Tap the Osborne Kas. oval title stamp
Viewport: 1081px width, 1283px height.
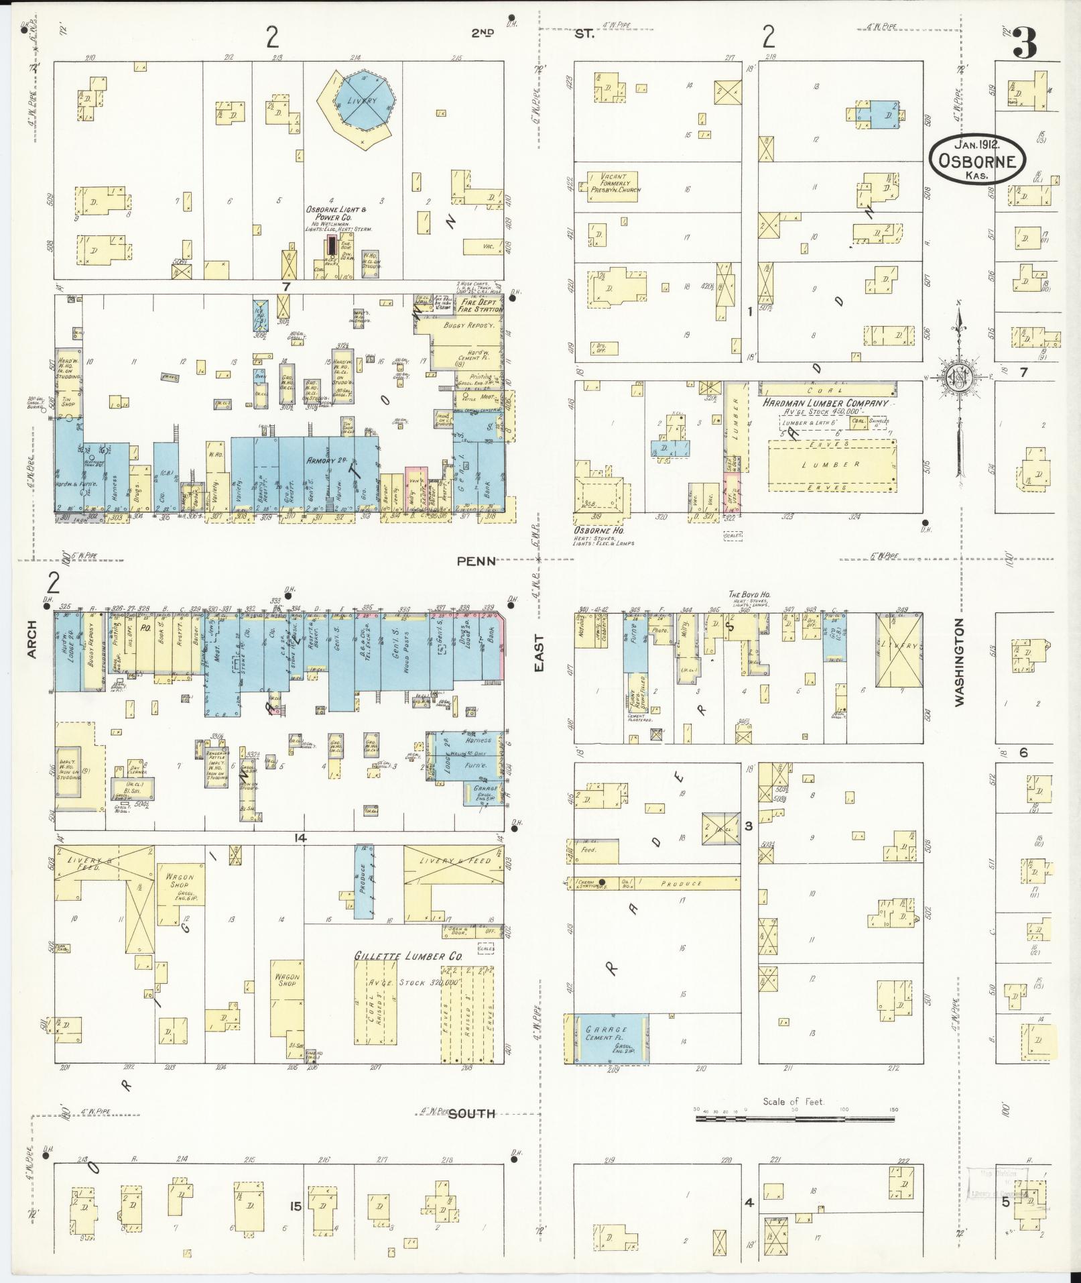click(977, 159)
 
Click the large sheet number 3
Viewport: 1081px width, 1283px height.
click(1025, 43)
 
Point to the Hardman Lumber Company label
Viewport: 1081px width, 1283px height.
click(824, 403)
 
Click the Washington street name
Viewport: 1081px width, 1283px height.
click(960, 662)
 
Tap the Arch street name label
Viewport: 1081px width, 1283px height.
click(32, 639)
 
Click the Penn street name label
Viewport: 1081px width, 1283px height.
click(476, 561)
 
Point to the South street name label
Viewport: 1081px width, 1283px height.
click(471, 1114)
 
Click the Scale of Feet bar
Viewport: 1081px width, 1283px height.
click(795, 1119)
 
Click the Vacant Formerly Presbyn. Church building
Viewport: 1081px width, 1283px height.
click(614, 186)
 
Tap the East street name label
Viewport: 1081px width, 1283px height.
click(539, 653)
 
